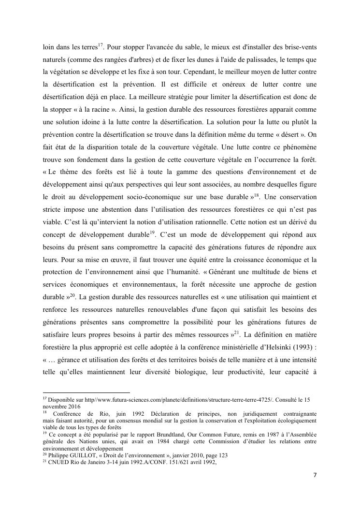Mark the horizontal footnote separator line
(86, 393)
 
